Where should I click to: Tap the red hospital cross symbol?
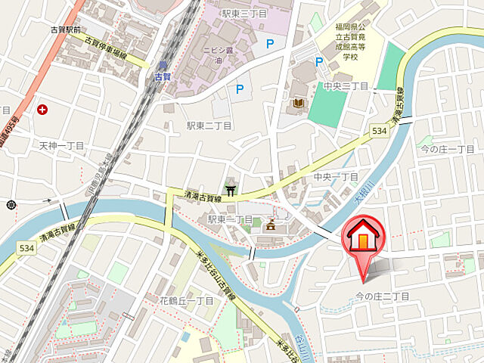coord(42,110)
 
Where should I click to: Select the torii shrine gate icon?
coord(230,189)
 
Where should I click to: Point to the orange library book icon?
coord(298,103)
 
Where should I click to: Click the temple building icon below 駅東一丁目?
coord(270,224)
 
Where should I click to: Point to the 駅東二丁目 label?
coord(210,126)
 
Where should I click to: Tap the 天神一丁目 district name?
coord(62,144)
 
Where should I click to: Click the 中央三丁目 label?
coord(346,86)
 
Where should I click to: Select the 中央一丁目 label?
coord(336,176)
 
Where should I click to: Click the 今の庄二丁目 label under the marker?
coord(383,296)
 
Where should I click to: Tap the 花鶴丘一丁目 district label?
coord(186,300)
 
